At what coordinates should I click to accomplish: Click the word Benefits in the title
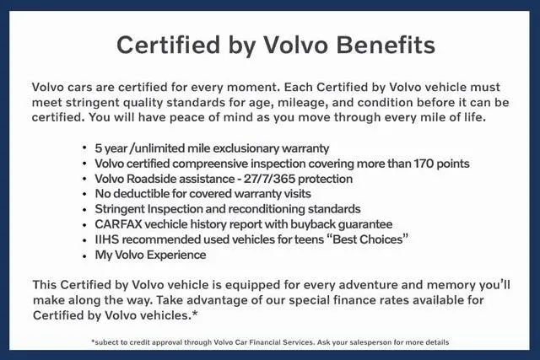click(x=386, y=45)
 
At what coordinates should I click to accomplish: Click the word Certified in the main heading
click(x=168, y=45)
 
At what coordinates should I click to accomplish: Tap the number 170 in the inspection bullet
click(x=424, y=164)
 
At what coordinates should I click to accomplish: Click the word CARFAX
click(x=118, y=224)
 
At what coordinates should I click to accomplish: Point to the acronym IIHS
click(x=107, y=239)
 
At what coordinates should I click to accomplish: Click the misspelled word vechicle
click(x=166, y=224)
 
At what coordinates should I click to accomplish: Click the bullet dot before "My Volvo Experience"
click(x=84, y=255)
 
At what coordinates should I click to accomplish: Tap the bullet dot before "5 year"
click(x=84, y=148)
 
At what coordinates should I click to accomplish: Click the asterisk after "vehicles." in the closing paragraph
click(x=195, y=313)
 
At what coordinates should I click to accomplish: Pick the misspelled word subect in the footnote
click(x=105, y=342)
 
